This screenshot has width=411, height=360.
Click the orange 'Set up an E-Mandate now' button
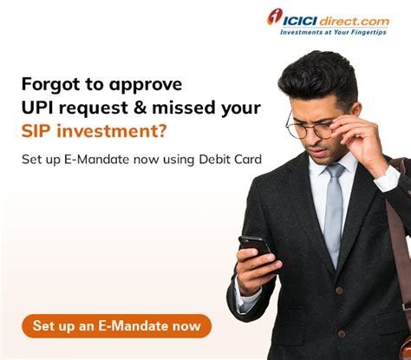(116, 326)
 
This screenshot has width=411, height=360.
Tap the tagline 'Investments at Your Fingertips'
(334, 32)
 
